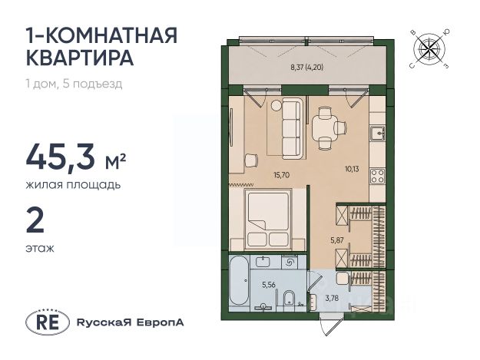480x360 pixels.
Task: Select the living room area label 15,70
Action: click(x=281, y=175)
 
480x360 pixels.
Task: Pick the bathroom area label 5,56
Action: click(x=269, y=285)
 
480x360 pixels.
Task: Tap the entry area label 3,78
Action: click(x=332, y=298)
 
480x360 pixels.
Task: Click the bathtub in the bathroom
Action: click(x=240, y=280)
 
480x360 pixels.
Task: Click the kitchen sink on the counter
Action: click(x=377, y=134)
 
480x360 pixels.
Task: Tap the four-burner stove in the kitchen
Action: click(x=377, y=177)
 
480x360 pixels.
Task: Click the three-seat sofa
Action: click(x=292, y=128)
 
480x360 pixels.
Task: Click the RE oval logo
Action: click(x=48, y=322)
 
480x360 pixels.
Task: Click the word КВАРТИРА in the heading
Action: click(x=80, y=58)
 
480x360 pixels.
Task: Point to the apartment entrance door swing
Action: click(x=325, y=325)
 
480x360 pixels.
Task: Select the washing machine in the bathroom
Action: click(x=290, y=262)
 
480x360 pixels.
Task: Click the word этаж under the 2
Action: click(x=40, y=249)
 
